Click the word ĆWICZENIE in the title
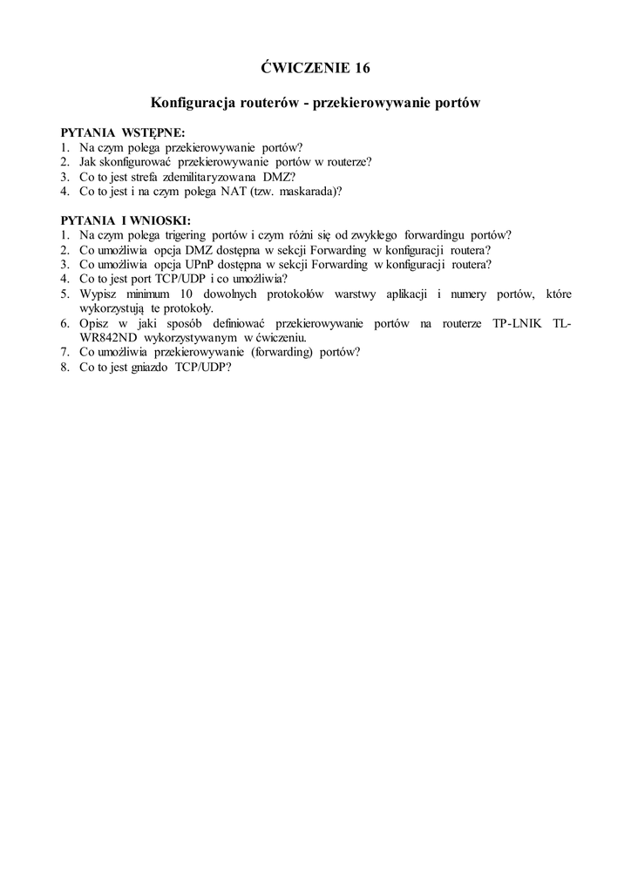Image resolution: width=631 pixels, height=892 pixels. [x=304, y=67]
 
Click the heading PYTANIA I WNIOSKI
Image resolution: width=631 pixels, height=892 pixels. [x=126, y=220]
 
